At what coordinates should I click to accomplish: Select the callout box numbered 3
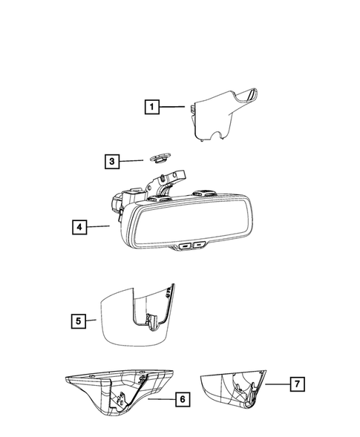(111, 161)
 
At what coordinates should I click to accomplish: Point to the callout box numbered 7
(295, 384)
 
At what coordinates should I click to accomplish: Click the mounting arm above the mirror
(169, 185)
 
